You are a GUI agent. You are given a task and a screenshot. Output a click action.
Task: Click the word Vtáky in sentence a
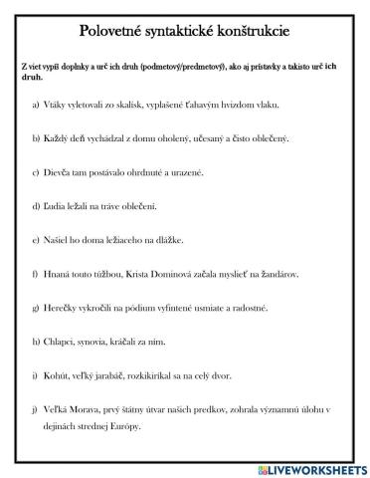pos(58,104)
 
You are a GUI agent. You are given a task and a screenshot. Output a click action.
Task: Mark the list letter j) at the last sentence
pos(36,409)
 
